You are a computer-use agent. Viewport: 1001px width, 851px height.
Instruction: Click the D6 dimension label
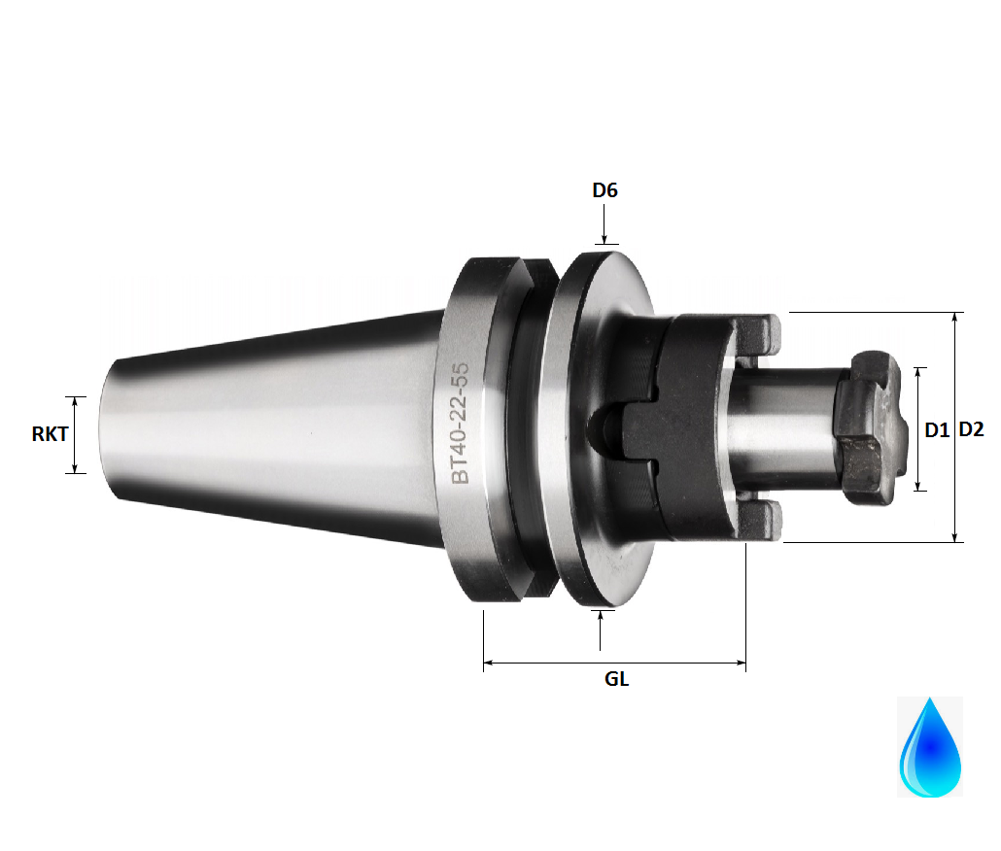604,190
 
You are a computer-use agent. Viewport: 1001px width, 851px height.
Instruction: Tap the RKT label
50,434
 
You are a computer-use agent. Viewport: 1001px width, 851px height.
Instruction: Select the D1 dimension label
937,429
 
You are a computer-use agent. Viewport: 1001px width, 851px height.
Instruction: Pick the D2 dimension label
973,429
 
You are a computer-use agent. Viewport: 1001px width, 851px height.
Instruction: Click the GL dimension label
616,679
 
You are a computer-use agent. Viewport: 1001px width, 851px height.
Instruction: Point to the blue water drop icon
930,747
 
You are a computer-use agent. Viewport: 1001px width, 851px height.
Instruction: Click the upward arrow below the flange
600,630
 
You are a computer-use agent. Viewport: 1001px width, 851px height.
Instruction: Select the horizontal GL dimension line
614,664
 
